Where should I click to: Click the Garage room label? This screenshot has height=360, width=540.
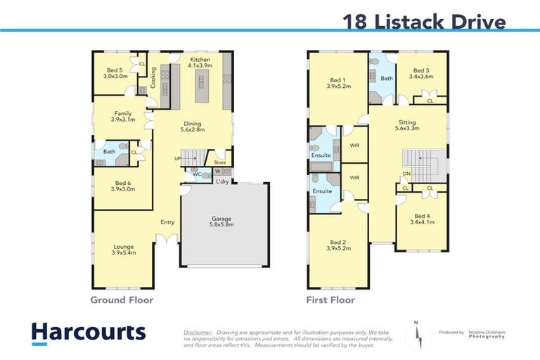pos(221,221)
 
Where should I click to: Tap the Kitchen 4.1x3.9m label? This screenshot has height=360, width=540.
pos(200,64)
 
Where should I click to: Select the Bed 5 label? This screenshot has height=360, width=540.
pos(116,73)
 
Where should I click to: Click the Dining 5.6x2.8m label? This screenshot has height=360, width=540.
pos(192,127)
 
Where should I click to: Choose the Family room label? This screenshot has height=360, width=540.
pos(122,117)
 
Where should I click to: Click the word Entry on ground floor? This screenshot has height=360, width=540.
pos(167,223)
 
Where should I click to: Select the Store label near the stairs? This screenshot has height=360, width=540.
pos(220,163)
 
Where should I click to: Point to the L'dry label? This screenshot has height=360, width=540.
pos(223,182)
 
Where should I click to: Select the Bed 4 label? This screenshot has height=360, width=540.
pos(422,219)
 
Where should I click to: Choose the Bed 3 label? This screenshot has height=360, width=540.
pos(421,74)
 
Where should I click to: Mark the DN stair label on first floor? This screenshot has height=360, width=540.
pos(406,174)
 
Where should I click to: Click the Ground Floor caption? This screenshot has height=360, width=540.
pos(122,300)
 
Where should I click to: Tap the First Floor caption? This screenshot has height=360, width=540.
pos(330,300)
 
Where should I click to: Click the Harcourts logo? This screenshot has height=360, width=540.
pos(89,333)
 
